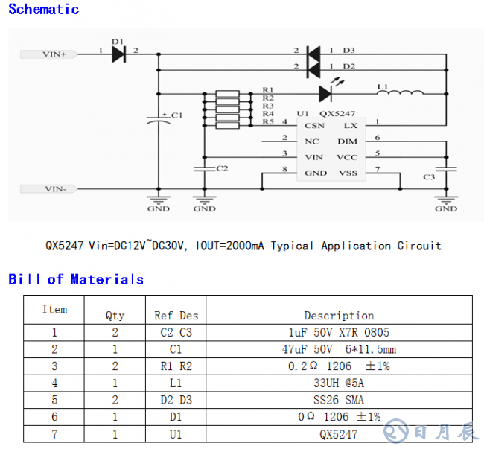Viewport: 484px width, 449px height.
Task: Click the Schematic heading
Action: click(x=43, y=10)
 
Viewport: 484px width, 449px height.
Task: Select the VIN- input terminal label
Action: click(x=55, y=189)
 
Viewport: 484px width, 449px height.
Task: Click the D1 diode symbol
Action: click(x=118, y=54)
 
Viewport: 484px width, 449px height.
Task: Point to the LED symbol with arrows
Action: click(x=327, y=92)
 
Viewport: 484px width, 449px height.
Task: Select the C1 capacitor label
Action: click(x=176, y=115)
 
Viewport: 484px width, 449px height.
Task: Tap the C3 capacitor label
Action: click(x=429, y=177)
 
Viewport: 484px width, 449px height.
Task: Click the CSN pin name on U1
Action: click(x=315, y=126)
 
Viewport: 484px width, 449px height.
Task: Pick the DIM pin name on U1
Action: click(x=348, y=141)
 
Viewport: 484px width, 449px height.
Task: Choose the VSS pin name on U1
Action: click(x=348, y=173)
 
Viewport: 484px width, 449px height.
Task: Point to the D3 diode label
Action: click(x=348, y=51)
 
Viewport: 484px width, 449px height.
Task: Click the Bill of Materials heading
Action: click(x=76, y=279)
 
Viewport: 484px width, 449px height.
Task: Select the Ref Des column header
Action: click(x=176, y=316)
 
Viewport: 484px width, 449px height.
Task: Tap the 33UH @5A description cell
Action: click(x=339, y=383)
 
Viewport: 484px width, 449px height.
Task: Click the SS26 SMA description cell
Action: click(x=339, y=401)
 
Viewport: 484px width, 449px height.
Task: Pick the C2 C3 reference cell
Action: click(x=176, y=333)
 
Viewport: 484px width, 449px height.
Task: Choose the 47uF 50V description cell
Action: click(x=339, y=349)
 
